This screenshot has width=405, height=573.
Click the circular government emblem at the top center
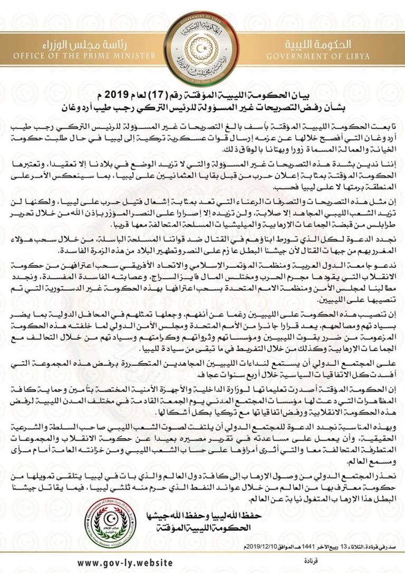pos(202,46)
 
